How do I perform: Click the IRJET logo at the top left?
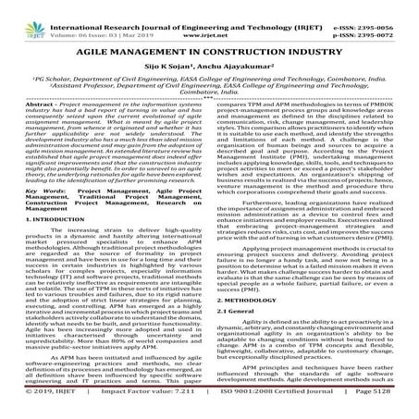(x=18, y=16)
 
